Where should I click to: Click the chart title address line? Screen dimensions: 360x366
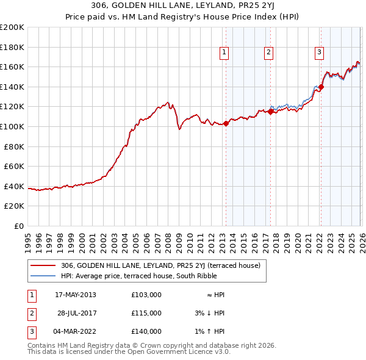[x=183, y=5]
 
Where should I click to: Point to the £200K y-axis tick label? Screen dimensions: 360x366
[x=12, y=27]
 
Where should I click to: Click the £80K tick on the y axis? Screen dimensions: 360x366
[x=14, y=146]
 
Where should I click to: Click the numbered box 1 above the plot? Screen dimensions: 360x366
[x=224, y=53]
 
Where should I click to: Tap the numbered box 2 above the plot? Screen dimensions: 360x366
[x=268, y=53]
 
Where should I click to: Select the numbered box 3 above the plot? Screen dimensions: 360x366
[x=319, y=53]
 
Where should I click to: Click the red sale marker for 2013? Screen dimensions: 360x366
[x=226, y=124]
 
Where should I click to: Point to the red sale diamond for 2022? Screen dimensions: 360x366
[x=321, y=87]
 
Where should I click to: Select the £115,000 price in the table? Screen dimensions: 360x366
[x=146, y=313]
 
